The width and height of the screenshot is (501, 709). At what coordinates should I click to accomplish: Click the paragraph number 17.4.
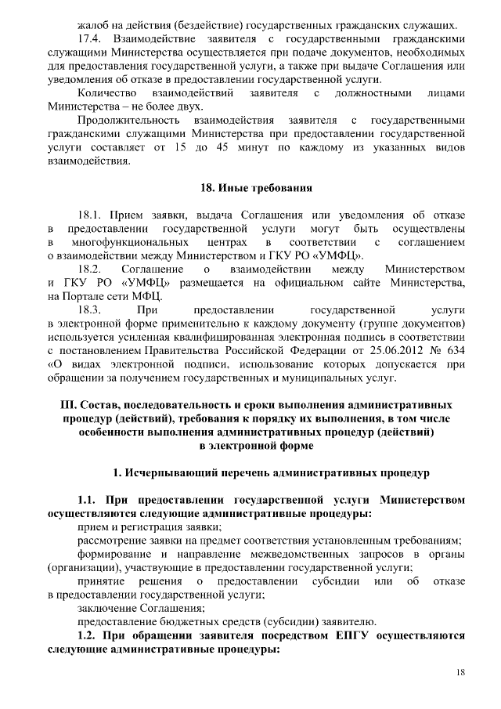pos(89,38)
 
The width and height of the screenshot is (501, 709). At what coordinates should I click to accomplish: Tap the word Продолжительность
pos(127,121)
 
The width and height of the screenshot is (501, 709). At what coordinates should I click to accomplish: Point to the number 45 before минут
pos(249,148)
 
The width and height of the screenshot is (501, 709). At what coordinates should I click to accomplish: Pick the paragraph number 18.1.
pos(90,215)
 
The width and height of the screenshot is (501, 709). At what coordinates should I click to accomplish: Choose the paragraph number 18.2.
pos(90,269)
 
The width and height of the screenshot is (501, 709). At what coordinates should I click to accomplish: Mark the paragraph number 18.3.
pos(90,309)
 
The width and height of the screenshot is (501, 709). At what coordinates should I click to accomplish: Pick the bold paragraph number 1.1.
pos(88,499)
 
